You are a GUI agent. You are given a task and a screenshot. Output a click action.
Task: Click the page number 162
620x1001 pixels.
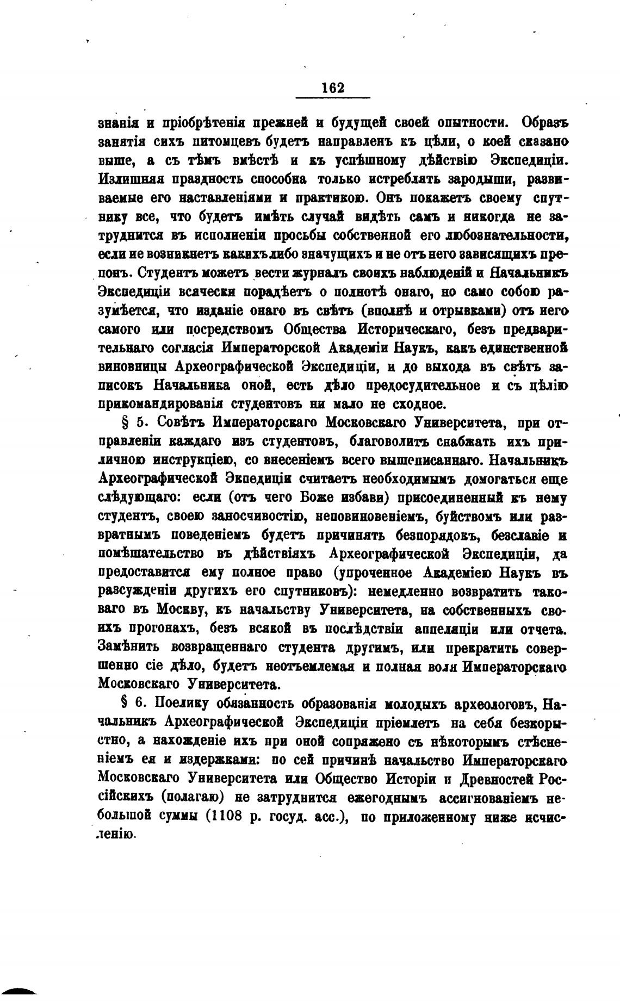(333, 88)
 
